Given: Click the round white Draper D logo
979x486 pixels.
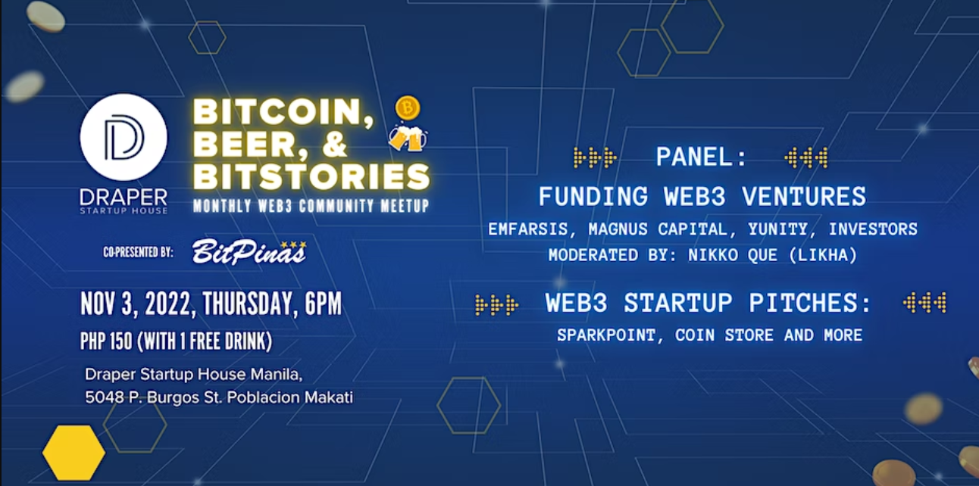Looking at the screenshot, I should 124,137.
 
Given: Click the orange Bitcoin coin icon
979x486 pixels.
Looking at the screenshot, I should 408,108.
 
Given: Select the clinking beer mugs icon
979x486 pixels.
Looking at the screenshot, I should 407,138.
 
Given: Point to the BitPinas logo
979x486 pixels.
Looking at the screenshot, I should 249,252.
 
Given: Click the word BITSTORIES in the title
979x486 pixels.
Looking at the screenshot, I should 311,176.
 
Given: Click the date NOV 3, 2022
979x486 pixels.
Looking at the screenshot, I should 136,304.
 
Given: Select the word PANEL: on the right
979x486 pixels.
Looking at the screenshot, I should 702,157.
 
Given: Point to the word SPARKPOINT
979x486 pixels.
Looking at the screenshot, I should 602,335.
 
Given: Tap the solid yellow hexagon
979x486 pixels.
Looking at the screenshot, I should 74,453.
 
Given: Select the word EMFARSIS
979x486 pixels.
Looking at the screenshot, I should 528,229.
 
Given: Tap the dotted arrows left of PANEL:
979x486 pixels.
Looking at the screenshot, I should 595,157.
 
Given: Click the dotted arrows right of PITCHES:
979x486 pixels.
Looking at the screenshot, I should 924,304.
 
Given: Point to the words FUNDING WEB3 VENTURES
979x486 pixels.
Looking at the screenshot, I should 702,197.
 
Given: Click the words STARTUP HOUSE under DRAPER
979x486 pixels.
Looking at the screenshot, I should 124,210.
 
